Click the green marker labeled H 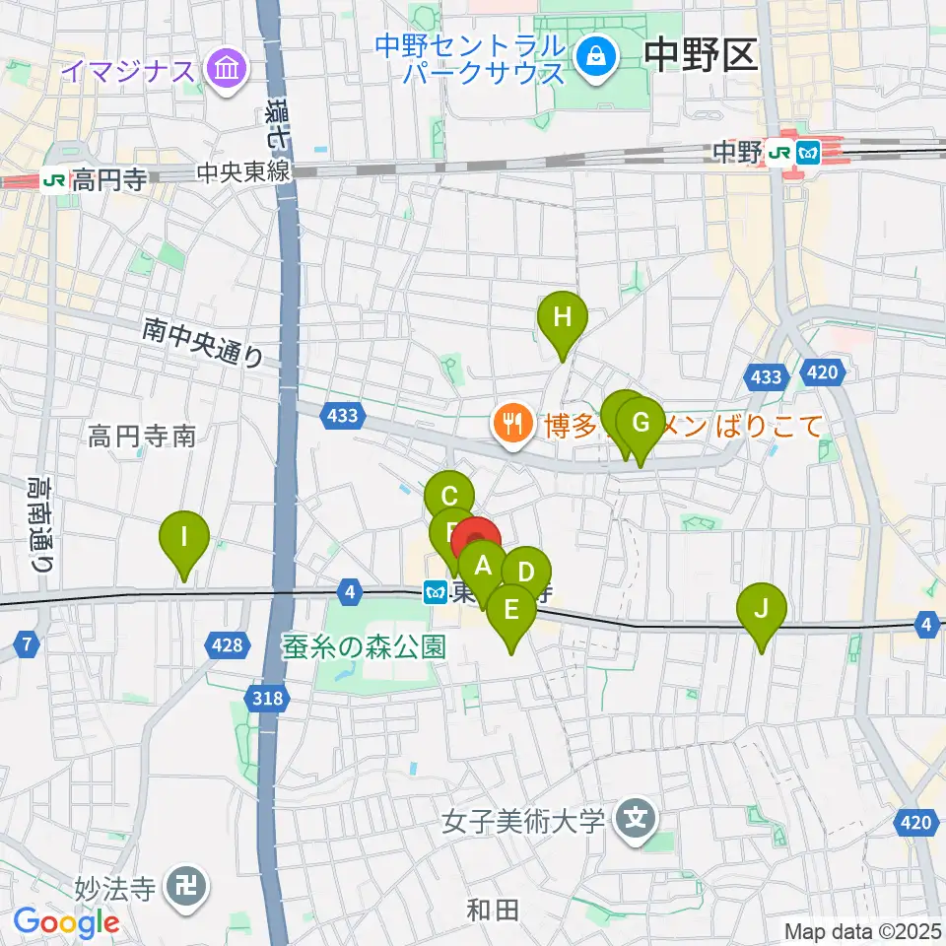tap(562, 318)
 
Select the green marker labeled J tap(760, 608)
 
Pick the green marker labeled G tap(641, 424)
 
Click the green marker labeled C tap(449, 497)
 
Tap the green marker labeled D tap(526, 573)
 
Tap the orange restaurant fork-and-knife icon tap(510, 425)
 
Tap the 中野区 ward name tap(701, 56)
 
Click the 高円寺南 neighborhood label tap(142, 436)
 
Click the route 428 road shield tap(226, 645)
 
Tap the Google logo tap(66, 923)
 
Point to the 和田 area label tap(492, 910)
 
